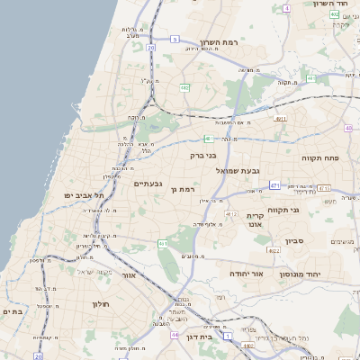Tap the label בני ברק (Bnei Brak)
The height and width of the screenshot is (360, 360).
203,155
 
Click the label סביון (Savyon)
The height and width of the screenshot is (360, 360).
295,241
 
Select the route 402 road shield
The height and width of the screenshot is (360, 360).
335,15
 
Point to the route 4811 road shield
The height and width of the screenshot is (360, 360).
282,118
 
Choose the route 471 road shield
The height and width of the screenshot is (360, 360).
274,185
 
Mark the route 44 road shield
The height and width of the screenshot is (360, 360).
173,334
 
